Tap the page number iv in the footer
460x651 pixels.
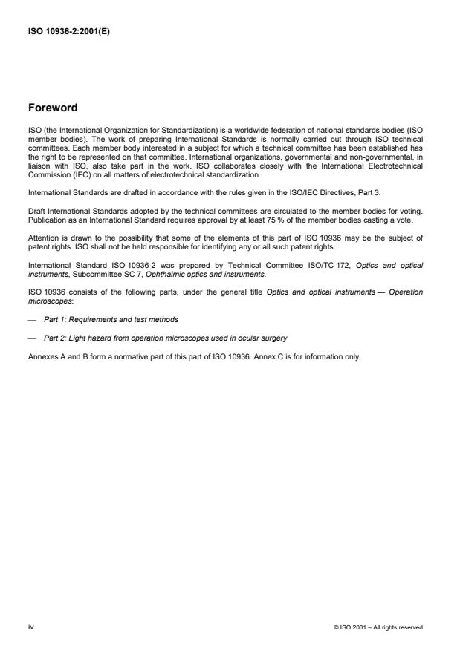tap(30, 627)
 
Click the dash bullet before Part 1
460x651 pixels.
tap(30, 319)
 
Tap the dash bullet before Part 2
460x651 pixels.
tap(30, 338)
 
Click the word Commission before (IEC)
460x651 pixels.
tap(46, 175)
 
